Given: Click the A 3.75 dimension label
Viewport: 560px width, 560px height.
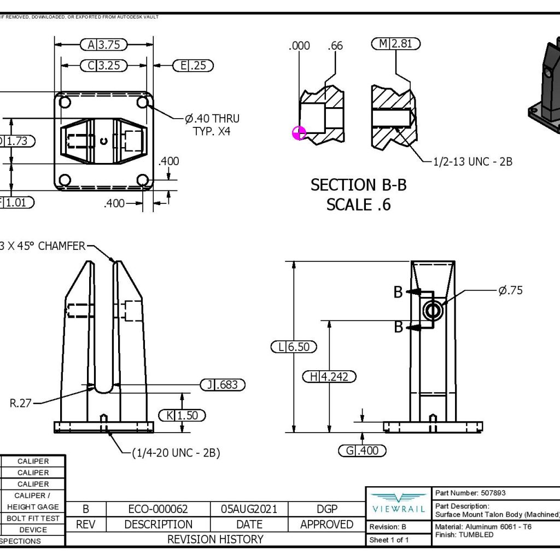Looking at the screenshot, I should pos(103,45).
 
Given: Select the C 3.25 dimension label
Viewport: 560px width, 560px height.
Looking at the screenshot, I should pos(103,66).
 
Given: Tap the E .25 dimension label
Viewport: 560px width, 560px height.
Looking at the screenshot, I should pos(193,66).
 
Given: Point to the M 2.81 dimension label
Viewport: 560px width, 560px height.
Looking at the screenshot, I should pos(396,44).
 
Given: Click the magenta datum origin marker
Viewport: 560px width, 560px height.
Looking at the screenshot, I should pos(300,133).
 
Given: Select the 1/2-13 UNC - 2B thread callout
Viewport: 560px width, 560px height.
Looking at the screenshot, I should pos(472,162).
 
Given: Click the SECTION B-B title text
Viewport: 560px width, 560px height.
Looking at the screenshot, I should pos(358,185).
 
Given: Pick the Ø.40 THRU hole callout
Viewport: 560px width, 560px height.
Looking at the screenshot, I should pos(212,119).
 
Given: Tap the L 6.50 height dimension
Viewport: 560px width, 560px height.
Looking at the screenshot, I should pos(294,347).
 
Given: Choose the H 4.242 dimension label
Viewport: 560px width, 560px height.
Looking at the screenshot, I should pos(329,376).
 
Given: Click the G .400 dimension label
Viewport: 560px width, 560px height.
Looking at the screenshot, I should pos(362,451).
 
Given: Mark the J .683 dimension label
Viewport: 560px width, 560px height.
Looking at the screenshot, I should pos(223,385).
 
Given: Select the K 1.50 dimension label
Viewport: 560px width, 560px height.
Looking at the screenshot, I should pos(182,416).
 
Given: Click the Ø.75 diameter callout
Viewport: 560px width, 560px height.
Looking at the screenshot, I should pos(510,290).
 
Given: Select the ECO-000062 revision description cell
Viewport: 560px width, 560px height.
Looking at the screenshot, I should pos(158,509).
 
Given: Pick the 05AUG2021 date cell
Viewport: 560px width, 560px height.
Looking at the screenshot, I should pos(249,509).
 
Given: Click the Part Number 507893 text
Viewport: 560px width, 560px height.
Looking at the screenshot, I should pos(470,493).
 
